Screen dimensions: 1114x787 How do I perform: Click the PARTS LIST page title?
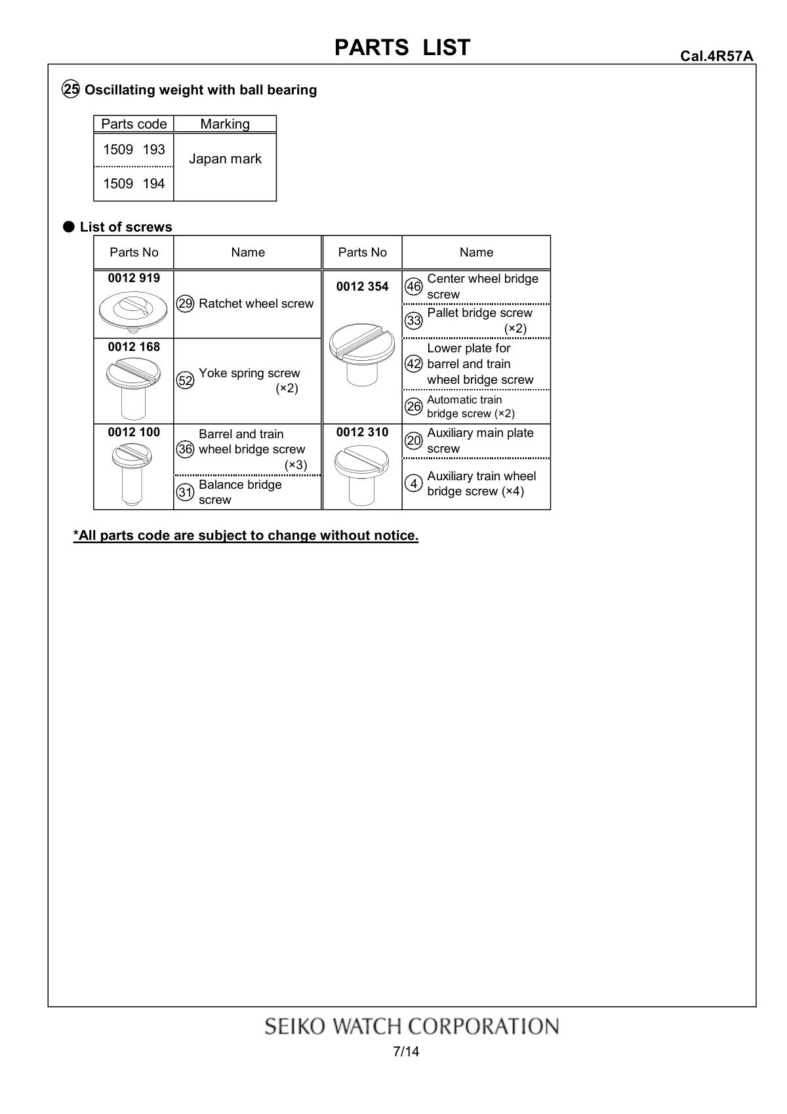[x=402, y=47]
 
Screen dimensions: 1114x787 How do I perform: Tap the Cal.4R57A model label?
[x=716, y=56]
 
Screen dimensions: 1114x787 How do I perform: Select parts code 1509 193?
[x=134, y=150]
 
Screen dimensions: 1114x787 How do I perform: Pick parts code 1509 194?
[x=134, y=184]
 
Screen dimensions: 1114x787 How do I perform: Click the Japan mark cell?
[x=225, y=159]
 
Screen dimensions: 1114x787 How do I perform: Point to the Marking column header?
[x=225, y=124]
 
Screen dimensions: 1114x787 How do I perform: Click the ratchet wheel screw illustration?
[x=133, y=312]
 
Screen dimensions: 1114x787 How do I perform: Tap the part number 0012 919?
[x=134, y=278]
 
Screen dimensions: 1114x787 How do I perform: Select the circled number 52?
[x=186, y=381]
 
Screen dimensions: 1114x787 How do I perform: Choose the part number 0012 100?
[x=134, y=432]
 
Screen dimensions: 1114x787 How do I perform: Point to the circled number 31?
[x=186, y=492]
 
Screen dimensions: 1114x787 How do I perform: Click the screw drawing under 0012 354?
[x=362, y=353]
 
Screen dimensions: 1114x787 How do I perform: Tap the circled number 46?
[x=414, y=287]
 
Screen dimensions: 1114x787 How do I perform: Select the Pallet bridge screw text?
[x=479, y=313]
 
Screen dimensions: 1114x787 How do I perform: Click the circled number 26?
[x=414, y=407]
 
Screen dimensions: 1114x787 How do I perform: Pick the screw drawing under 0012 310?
[x=362, y=475]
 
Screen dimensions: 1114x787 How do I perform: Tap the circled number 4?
[x=414, y=484]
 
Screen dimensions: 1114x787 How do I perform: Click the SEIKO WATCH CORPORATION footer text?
[x=411, y=1026]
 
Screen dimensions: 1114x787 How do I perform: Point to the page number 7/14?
[x=406, y=1052]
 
